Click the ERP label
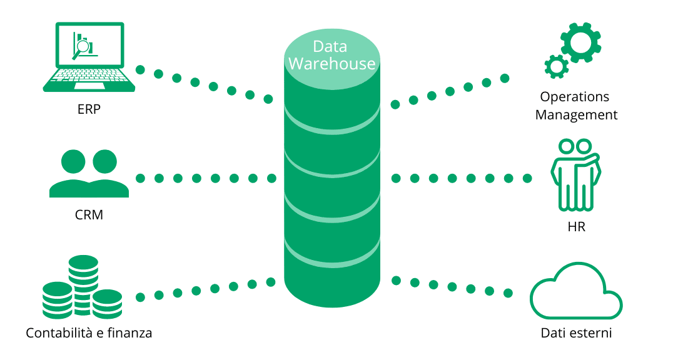click(89, 109)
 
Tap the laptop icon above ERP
click(89, 57)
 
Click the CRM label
click(89, 215)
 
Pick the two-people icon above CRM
click(89, 173)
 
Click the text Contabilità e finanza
click(89, 333)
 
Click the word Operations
click(575, 97)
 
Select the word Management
click(577, 116)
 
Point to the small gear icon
click(556, 66)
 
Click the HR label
click(577, 227)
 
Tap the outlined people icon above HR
click(575, 174)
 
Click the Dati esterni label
click(577, 333)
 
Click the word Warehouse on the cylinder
click(332, 64)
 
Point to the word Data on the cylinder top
click(330, 46)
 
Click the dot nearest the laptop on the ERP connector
click(140, 69)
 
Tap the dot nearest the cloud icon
click(508, 294)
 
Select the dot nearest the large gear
click(505, 78)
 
